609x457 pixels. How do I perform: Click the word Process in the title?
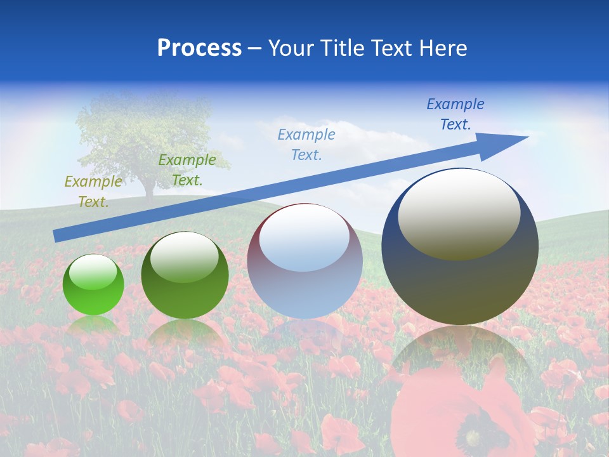[199, 48]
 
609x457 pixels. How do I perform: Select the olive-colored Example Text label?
[93, 192]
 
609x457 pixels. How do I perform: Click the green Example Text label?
[187, 170]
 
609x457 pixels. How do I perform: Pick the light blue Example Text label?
[306, 144]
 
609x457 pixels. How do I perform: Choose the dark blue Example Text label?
[455, 114]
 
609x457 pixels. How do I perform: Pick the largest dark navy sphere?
[460, 279]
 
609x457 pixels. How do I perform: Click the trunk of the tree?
[150, 187]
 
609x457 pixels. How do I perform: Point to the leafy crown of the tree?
[143, 133]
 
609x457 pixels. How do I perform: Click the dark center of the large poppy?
[473, 438]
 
